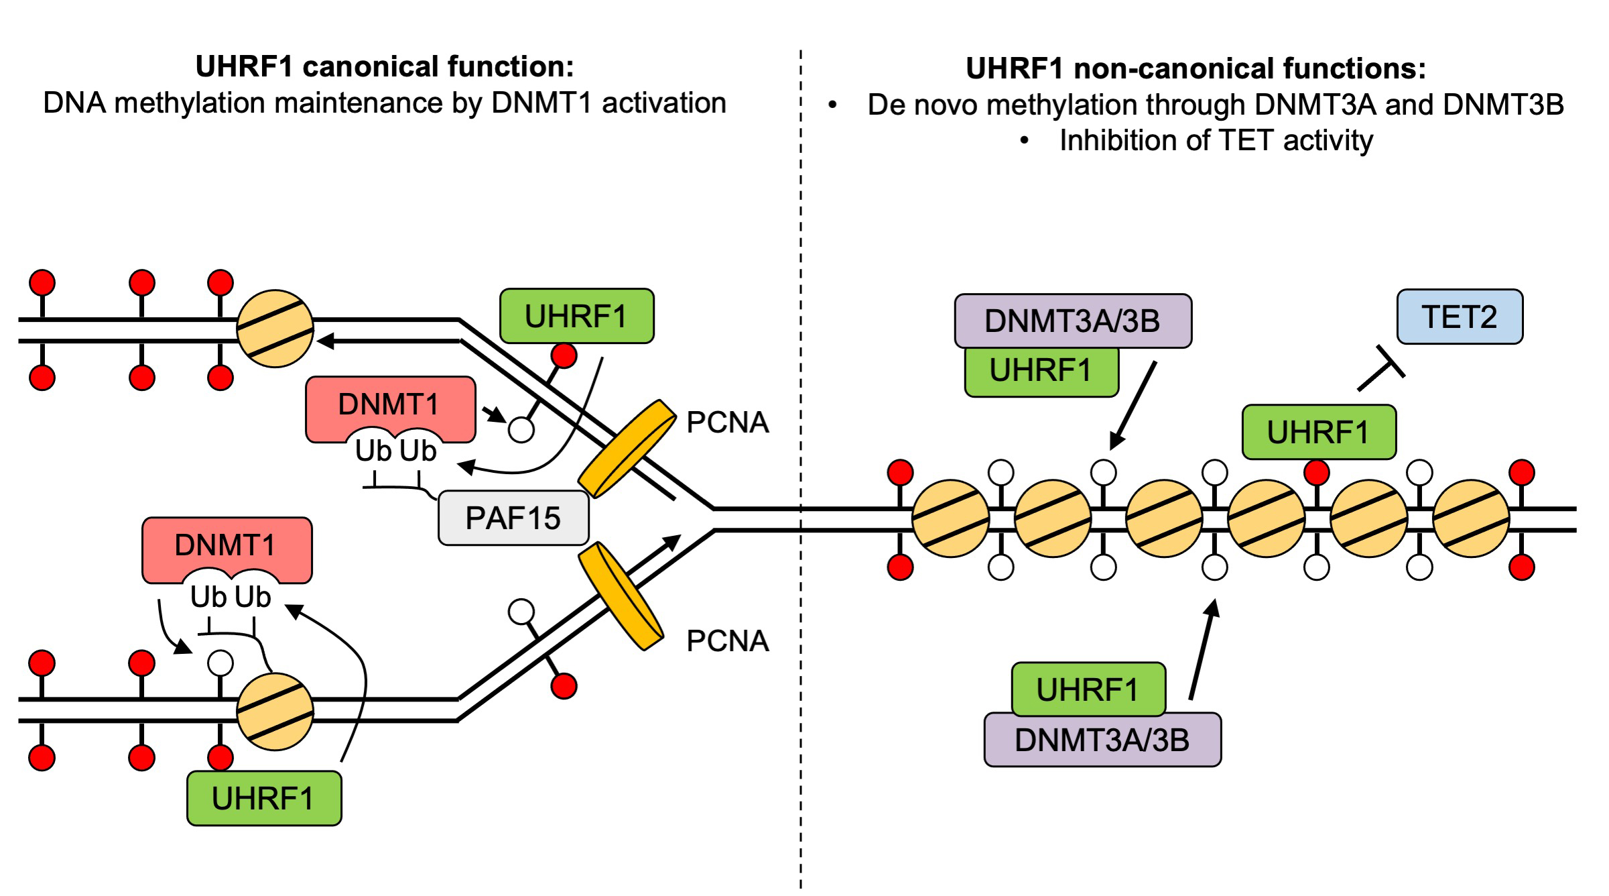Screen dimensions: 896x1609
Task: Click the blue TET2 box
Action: [x=1459, y=317]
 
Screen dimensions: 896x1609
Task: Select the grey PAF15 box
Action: [x=513, y=518]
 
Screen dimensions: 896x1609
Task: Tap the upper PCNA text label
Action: [x=728, y=423]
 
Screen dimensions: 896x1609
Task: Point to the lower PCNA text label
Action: [x=728, y=641]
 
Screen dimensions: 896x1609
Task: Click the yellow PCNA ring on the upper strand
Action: [x=627, y=449]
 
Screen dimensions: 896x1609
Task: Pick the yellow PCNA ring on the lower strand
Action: [x=621, y=596]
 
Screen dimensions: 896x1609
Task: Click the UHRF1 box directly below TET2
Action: [x=1318, y=433]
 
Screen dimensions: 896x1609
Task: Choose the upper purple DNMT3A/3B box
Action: [x=1072, y=321]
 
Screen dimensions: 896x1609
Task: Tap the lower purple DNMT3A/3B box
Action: [x=1102, y=740]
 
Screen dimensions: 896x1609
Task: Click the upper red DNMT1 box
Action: [x=390, y=404]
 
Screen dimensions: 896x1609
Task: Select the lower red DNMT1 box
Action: [x=227, y=545]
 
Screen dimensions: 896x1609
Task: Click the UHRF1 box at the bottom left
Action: [x=263, y=799]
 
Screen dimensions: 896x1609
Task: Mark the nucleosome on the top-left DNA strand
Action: [x=275, y=329]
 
